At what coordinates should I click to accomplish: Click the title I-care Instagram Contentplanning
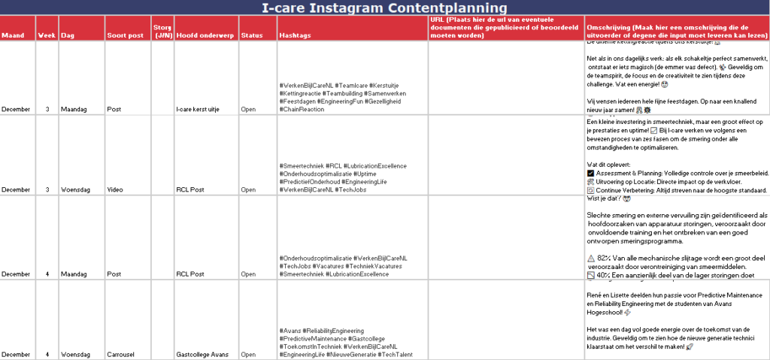tap(385, 8)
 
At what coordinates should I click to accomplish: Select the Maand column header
tap(13, 35)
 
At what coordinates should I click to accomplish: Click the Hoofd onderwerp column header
tap(203, 35)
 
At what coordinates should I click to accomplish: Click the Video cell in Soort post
tap(115, 190)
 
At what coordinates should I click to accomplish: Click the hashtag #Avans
tap(291, 331)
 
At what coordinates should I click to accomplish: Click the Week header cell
tap(47, 35)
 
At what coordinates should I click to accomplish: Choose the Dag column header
tap(68, 35)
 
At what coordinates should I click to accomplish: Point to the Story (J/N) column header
tap(163, 32)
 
